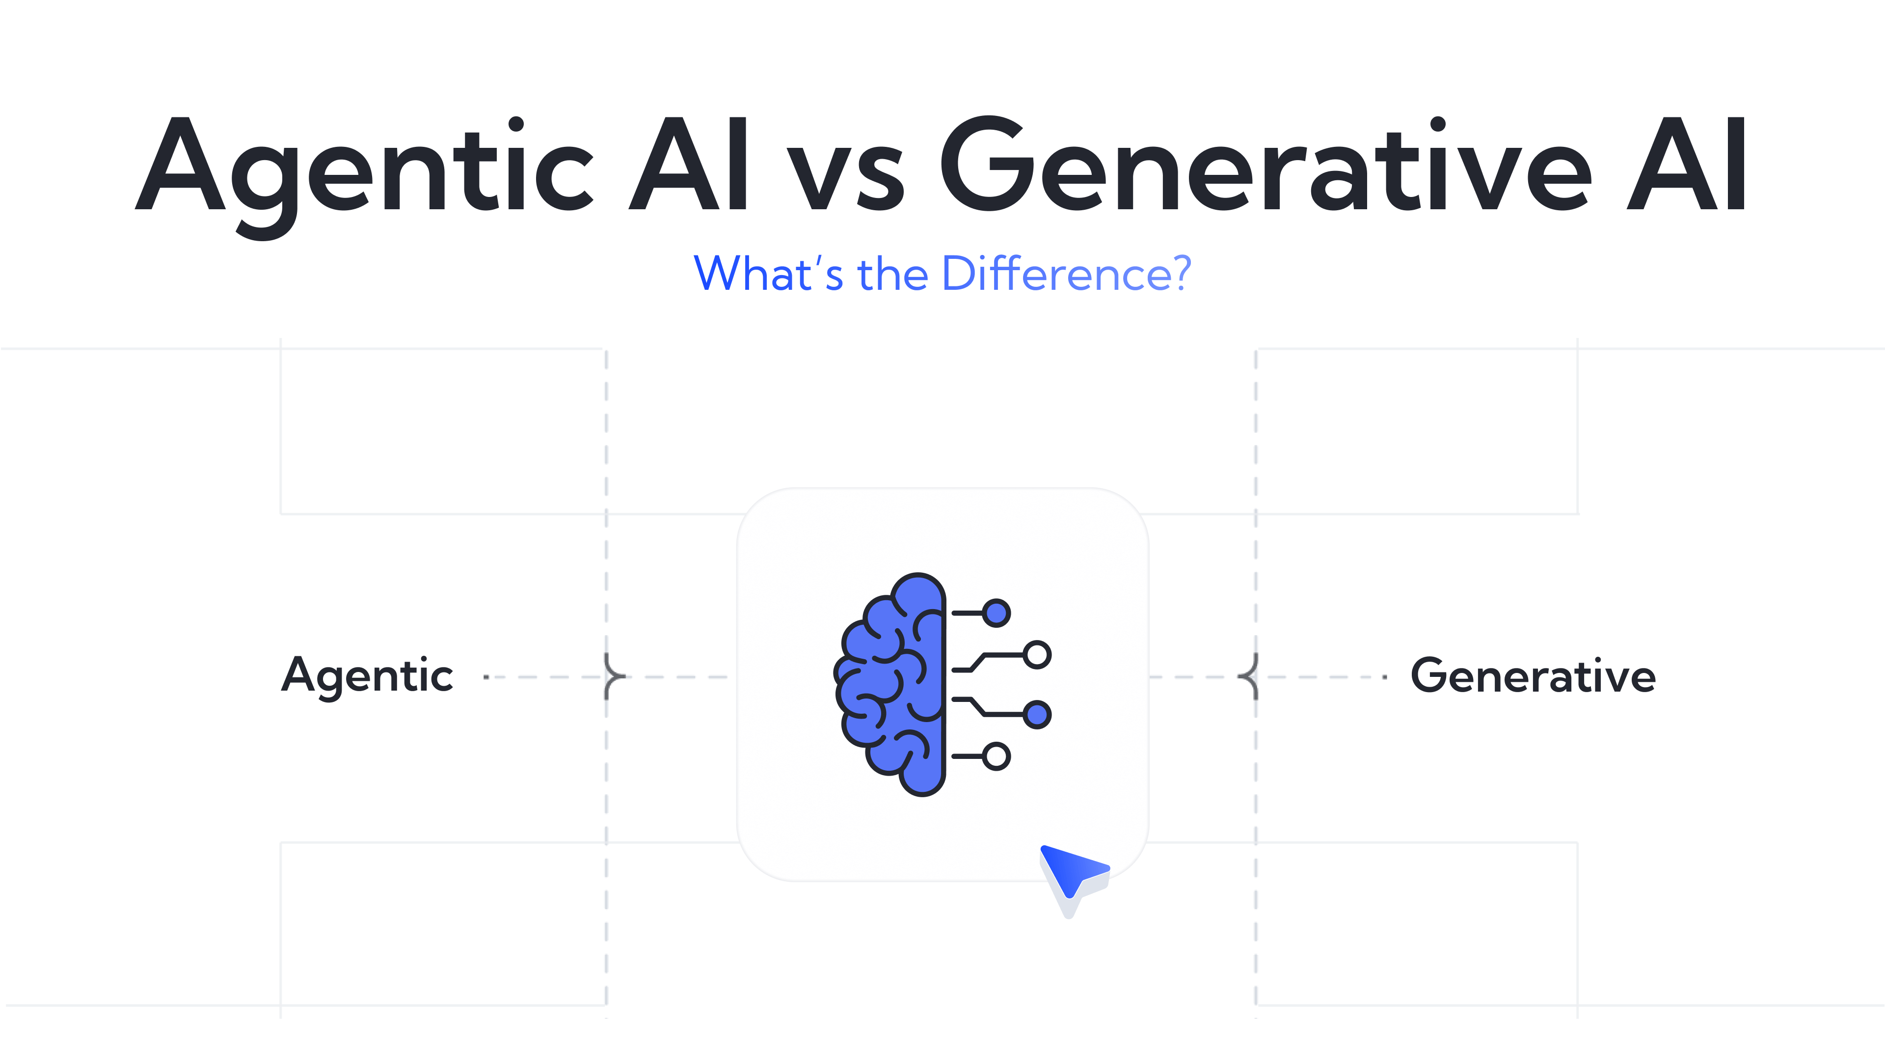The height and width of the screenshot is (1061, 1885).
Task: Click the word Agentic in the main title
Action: pyautogui.click(x=364, y=176)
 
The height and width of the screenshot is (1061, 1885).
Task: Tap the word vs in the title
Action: pyautogui.click(x=845, y=176)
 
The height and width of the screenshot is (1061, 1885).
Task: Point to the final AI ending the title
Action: pyautogui.click(x=1687, y=163)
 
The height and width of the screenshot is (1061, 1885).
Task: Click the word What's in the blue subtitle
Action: pyautogui.click(x=768, y=273)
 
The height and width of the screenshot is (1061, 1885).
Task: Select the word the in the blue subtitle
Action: pyautogui.click(x=893, y=273)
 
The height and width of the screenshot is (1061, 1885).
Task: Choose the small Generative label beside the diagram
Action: pyautogui.click(x=1533, y=675)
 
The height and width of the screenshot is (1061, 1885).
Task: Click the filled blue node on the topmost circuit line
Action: pyautogui.click(x=996, y=613)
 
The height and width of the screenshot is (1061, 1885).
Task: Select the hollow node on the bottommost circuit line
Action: pyautogui.click(x=996, y=756)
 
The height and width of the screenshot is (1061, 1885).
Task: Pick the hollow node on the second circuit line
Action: pyautogui.click(x=1037, y=655)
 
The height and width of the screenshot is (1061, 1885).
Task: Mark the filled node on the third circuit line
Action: pyautogui.click(x=1037, y=714)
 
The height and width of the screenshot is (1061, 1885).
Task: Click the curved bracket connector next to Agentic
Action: pyautogui.click(x=613, y=676)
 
